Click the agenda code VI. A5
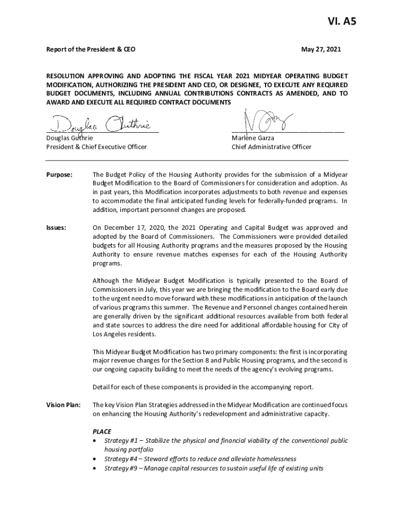coord(342,22)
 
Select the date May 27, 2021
coord(320,50)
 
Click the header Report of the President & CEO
coord(91,50)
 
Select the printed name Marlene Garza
coord(253,138)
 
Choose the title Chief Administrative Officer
coord(271,147)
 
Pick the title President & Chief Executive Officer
coord(97,147)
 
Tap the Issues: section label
coord(56,227)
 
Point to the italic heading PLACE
coord(102,432)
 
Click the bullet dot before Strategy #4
coord(95,459)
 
